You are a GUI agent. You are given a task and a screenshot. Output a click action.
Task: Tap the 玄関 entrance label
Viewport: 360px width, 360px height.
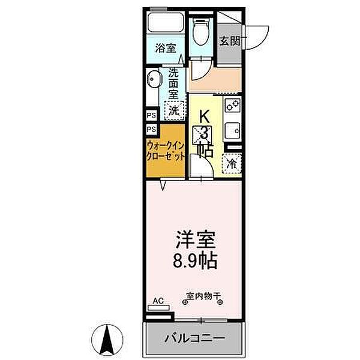coord(229,41)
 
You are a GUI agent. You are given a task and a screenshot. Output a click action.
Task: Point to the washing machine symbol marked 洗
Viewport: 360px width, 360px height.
coord(173,110)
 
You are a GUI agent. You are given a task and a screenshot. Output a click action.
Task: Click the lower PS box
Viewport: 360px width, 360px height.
coord(151,129)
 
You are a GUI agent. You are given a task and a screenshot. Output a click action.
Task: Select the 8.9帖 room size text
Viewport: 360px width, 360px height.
coord(195,262)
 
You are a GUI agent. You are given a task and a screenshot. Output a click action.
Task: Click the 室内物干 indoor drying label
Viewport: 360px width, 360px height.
coord(203,296)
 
